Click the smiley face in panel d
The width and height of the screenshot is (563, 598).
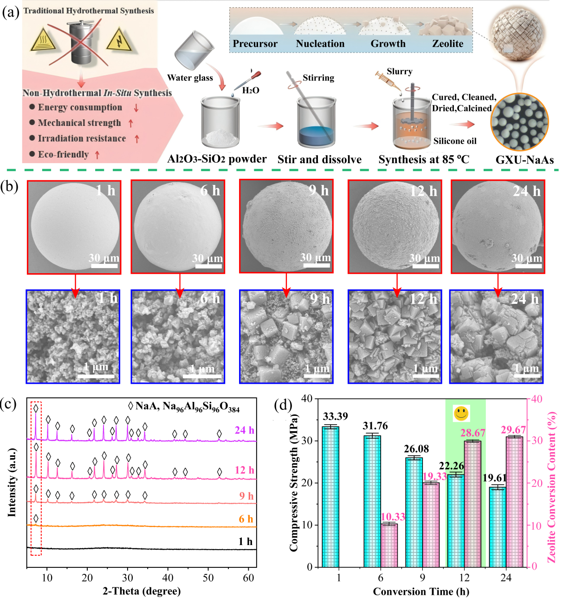(461, 413)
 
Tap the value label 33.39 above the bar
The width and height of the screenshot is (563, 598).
(335, 416)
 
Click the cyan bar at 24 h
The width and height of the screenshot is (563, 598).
(498, 527)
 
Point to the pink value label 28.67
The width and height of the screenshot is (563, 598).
(472, 433)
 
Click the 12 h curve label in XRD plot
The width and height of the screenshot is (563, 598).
(244, 470)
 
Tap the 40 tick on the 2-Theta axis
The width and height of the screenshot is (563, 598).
(168, 578)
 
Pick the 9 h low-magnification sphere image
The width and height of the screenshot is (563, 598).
(286, 226)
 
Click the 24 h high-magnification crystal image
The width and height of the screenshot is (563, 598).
(496, 336)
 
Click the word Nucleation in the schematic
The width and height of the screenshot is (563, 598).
(320, 44)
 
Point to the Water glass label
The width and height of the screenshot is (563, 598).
(190, 78)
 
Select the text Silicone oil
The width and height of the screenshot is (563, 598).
(455, 141)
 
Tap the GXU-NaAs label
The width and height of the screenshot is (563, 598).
(524, 160)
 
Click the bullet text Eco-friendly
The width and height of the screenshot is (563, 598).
(63, 155)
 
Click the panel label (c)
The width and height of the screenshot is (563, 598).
(9, 403)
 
